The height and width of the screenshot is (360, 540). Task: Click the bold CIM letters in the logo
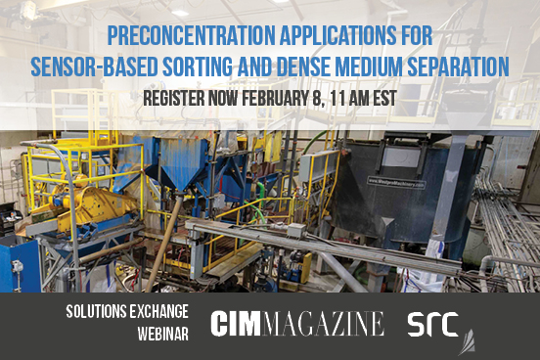tap(243, 323)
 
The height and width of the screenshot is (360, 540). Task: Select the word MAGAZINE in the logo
tap(330, 323)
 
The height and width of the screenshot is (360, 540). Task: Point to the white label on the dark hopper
tap(401, 180)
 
